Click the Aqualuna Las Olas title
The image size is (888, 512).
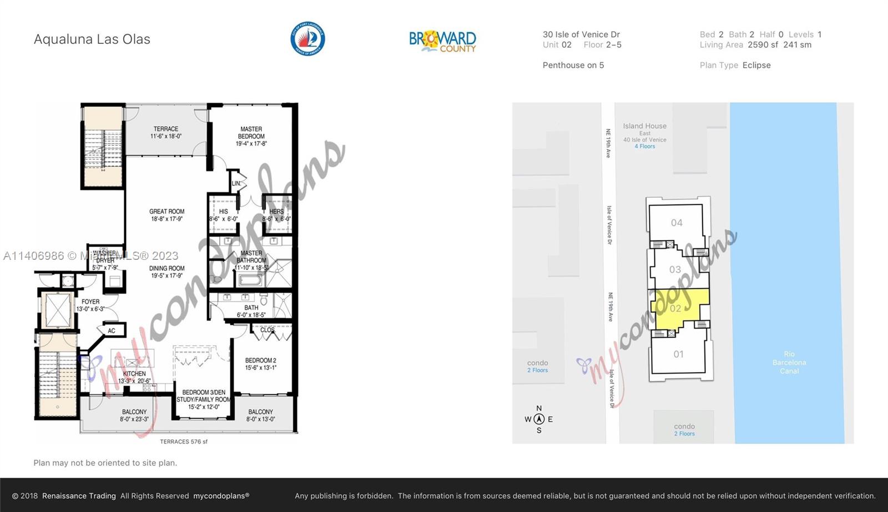pyautogui.click(x=92, y=39)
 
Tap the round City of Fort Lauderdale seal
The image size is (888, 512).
pyautogui.click(x=307, y=39)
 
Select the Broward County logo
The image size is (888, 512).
pyautogui.click(x=442, y=41)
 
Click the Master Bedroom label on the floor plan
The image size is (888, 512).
pyautogui.click(x=251, y=136)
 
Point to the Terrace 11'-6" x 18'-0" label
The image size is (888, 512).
pyautogui.click(x=166, y=132)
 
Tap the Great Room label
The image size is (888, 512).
pyautogui.click(x=167, y=215)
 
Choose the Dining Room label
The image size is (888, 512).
pyautogui.click(x=167, y=272)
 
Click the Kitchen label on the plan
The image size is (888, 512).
pyautogui.click(x=134, y=377)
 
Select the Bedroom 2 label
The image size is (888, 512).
pyautogui.click(x=261, y=364)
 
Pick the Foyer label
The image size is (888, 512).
pyautogui.click(x=90, y=305)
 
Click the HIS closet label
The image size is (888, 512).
pyautogui.click(x=223, y=215)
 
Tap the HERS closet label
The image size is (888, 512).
pyautogui.click(x=276, y=215)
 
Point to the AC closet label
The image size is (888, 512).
pyautogui.click(x=112, y=331)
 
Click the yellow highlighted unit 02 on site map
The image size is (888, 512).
pyautogui.click(x=676, y=308)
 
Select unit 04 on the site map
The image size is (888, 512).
pyautogui.click(x=677, y=223)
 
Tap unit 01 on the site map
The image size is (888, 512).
pyautogui.click(x=678, y=354)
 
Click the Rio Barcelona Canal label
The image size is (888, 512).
pyautogui.click(x=789, y=362)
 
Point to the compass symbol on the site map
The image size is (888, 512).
pyautogui.click(x=538, y=419)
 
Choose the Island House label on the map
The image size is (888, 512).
pyautogui.click(x=644, y=127)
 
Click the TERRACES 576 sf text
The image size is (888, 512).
pyautogui.click(x=184, y=442)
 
